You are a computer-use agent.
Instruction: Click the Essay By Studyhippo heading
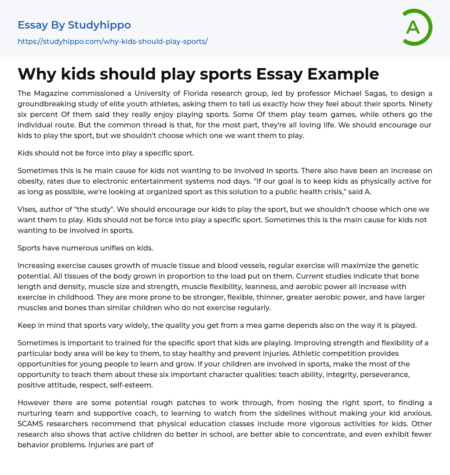74,25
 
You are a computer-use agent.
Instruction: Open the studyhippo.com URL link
112,41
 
